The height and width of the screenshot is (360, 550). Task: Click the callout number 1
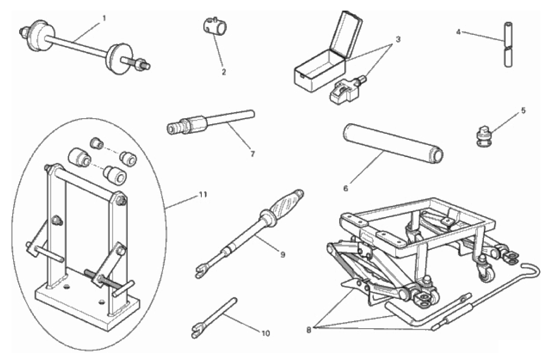tap(104, 18)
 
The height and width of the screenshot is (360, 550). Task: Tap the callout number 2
tap(224, 72)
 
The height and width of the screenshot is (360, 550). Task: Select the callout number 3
tap(398, 39)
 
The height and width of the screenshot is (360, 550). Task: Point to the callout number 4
tap(459, 32)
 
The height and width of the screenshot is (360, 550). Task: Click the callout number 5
tap(523, 111)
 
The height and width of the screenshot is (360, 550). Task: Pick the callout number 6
tap(346, 188)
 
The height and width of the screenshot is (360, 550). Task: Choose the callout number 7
tap(253, 153)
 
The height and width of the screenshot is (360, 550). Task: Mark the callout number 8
tap(309, 330)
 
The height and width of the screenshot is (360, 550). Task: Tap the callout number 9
tap(283, 254)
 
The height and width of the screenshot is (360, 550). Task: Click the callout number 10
tap(265, 333)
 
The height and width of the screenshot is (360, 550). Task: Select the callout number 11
tap(203, 194)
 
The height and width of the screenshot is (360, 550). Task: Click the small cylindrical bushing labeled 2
tap(214, 26)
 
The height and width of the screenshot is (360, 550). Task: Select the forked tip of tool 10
tap(196, 331)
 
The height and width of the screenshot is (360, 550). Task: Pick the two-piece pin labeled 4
tap(508, 44)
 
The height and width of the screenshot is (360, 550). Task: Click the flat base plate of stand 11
tap(88, 305)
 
